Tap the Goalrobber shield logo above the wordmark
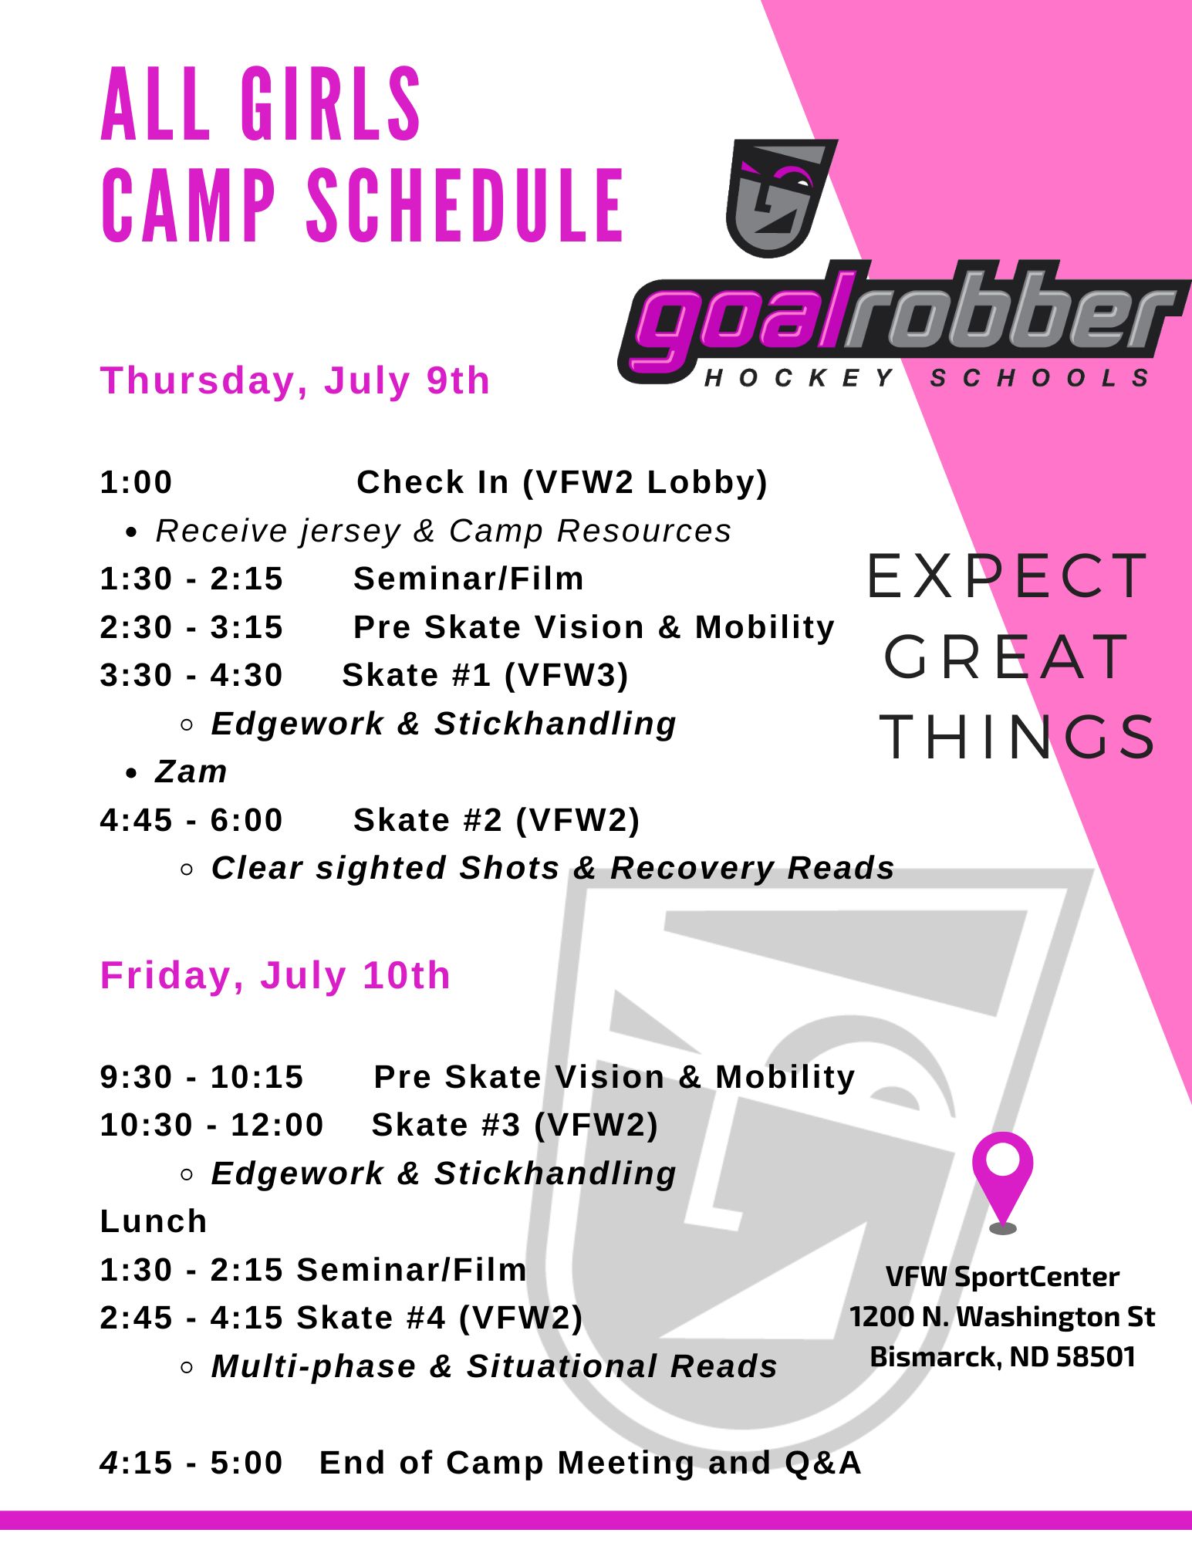(781, 198)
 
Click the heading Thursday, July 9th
(295, 380)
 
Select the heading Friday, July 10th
(275, 975)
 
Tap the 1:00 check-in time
(137, 482)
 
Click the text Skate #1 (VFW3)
(485, 675)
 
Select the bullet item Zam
(191, 771)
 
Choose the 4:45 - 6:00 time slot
(191, 820)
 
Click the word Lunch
(154, 1221)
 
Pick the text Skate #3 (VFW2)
(515, 1125)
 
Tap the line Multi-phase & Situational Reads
(494, 1366)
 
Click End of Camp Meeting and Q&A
(590, 1463)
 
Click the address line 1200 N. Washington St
(1002, 1316)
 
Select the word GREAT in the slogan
(1005, 657)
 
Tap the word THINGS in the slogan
(1017, 737)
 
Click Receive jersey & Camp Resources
(443, 531)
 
